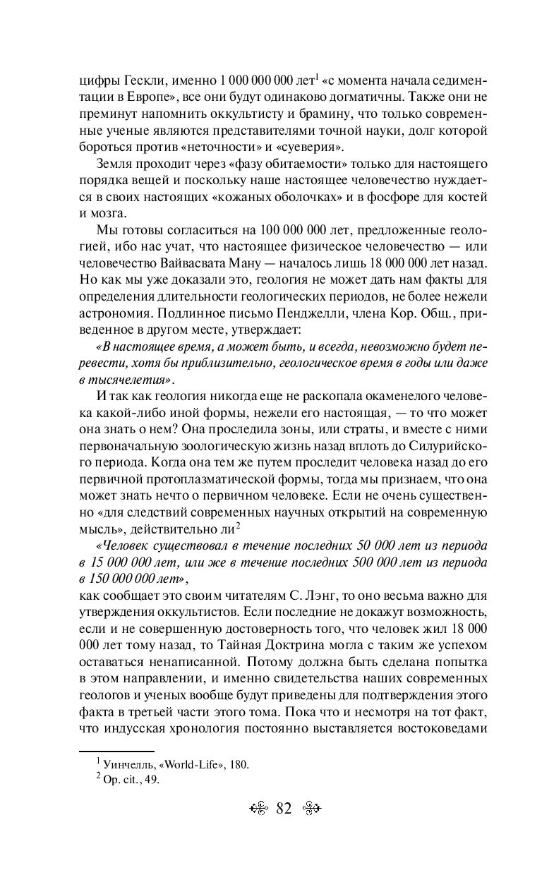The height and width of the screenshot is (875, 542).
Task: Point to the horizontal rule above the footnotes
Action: [x=117, y=752]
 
